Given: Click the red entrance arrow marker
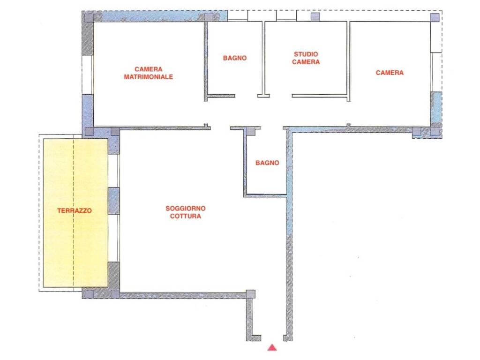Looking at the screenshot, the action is (x=272, y=347).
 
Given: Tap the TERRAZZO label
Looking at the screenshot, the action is (x=75, y=210).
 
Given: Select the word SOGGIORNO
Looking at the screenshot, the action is (x=186, y=208).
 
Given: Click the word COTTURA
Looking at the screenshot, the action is (x=186, y=216).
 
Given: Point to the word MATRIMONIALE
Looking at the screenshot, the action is (x=149, y=77).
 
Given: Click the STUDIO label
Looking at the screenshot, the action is (x=306, y=54).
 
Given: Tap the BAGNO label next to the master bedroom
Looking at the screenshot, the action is (x=235, y=58).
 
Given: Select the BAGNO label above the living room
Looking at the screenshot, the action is (x=267, y=163).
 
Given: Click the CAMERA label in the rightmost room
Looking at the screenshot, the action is (x=390, y=73).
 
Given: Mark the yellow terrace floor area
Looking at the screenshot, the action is (x=75, y=213).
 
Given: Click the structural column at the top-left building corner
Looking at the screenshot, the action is (x=89, y=17).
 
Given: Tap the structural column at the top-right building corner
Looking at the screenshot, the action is (x=435, y=17).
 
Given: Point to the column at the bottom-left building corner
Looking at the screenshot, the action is (x=89, y=294).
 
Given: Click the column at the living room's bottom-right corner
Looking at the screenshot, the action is (x=250, y=294).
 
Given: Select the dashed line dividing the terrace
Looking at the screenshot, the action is (x=74, y=213).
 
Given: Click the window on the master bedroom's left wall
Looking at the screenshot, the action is (x=88, y=75).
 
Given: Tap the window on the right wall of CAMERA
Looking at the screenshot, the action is (x=436, y=72).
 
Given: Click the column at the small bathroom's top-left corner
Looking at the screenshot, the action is (x=251, y=131).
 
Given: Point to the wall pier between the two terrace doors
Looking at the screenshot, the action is (x=113, y=201).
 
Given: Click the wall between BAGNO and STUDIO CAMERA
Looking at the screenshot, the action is (x=263, y=58).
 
